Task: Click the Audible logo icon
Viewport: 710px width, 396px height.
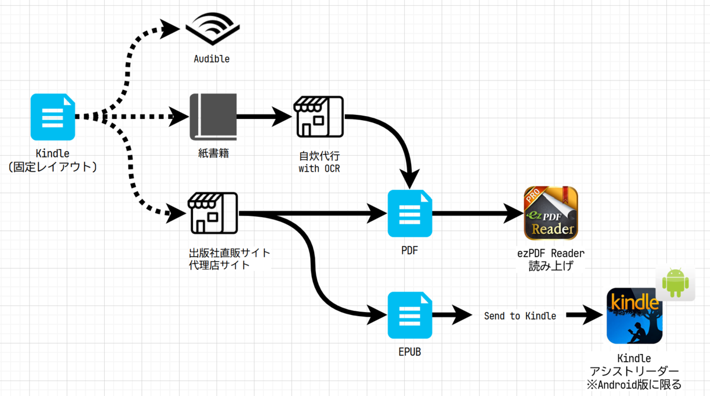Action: [212, 28]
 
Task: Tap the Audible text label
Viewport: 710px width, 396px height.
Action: [212, 59]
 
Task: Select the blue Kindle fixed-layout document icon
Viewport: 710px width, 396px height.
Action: [53, 117]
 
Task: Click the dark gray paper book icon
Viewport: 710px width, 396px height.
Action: [213, 117]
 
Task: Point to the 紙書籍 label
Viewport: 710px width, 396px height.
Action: [214, 153]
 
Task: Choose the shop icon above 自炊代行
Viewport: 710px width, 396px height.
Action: [319, 117]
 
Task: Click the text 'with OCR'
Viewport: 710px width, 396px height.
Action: [319, 168]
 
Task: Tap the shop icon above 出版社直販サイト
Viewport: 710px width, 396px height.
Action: [212, 213]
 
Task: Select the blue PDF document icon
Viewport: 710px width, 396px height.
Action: [410, 213]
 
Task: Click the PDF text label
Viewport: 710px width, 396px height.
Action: [409, 250]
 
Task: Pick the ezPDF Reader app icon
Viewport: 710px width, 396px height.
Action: [551, 213]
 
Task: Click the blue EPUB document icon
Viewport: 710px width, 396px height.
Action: [410, 315]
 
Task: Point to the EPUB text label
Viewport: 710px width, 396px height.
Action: [409, 352]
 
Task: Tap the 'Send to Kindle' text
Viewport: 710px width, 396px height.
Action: [520, 315]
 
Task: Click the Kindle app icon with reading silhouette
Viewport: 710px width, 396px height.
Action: [634, 315]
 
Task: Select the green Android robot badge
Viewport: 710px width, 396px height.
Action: [676, 282]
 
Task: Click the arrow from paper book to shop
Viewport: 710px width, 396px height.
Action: [264, 117]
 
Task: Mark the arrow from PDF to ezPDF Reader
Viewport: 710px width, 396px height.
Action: [478, 213]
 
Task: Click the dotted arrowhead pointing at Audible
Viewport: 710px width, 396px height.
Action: [170, 29]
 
